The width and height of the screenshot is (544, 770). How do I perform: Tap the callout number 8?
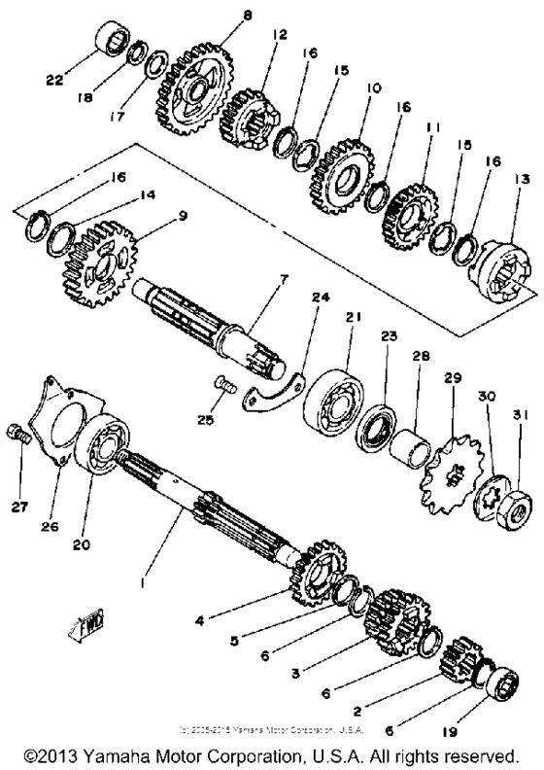pos(247,16)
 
